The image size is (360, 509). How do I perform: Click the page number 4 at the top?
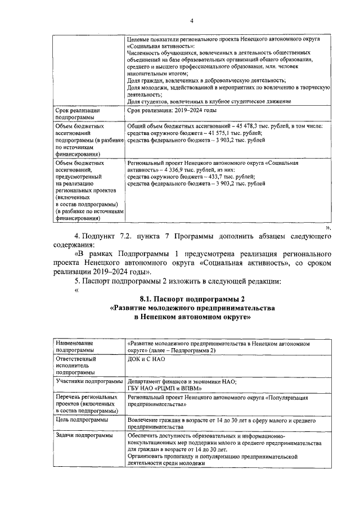coord(191,21)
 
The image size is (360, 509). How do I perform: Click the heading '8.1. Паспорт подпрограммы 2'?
coord(192,299)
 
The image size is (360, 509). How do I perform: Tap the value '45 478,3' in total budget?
coord(256,127)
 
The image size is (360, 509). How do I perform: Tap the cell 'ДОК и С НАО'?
coord(145,358)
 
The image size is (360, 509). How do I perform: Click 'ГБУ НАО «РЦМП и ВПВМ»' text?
coord(164,389)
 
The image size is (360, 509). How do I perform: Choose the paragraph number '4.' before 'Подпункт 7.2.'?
coord(78,235)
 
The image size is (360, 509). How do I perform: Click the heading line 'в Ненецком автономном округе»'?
coord(192,317)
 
